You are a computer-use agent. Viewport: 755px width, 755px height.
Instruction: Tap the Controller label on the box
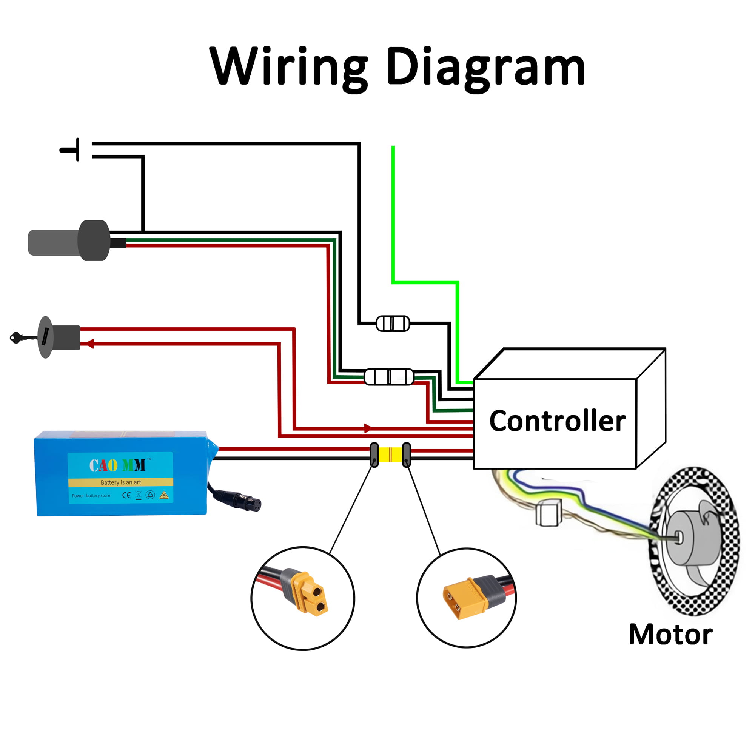(557, 421)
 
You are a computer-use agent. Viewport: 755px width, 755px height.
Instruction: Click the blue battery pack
(121, 473)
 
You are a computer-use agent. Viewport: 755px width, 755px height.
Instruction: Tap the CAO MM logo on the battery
(117, 465)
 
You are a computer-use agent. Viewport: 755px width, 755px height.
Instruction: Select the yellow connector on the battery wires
(390, 455)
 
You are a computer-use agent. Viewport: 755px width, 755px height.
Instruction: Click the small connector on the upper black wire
(393, 324)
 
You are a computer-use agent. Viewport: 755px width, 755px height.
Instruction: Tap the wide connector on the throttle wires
(389, 377)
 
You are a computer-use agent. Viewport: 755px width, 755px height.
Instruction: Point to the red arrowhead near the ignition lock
(90, 344)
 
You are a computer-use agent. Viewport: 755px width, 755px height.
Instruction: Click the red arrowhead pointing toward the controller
(368, 428)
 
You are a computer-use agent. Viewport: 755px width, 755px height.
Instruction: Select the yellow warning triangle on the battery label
(164, 496)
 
